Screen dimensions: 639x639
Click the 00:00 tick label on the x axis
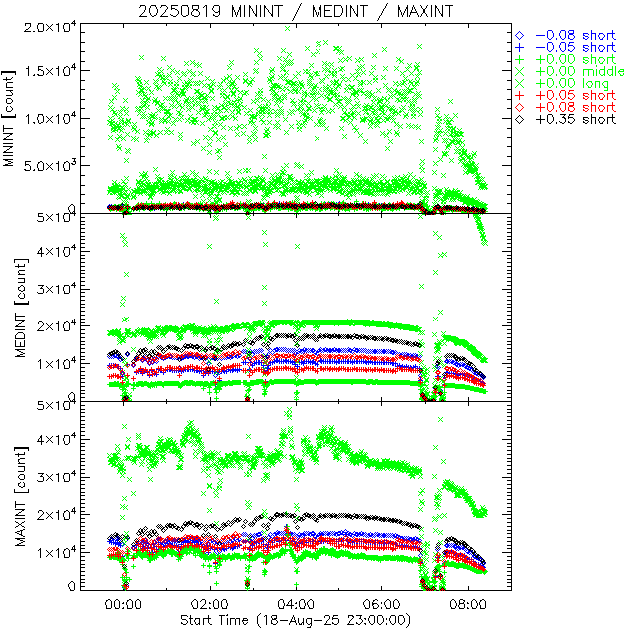[x=123, y=604]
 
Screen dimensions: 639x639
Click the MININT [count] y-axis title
[x=12, y=118]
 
